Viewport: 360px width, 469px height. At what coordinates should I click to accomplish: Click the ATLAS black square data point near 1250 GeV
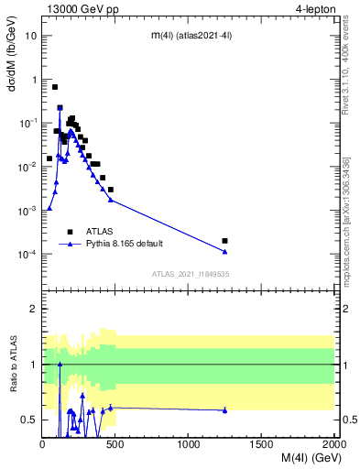pos(224,241)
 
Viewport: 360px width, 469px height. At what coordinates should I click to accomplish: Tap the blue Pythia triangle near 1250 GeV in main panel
pos(224,252)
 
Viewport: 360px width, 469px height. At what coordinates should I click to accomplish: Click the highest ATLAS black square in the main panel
pos(55,87)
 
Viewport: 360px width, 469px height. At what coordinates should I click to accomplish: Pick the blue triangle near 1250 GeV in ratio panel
pos(224,410)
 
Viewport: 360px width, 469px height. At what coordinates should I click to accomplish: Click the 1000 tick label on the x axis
pos(189,445)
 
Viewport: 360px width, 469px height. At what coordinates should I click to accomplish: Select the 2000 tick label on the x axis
pos(333,445)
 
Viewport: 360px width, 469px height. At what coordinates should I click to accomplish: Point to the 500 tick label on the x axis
pos(115,445)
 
